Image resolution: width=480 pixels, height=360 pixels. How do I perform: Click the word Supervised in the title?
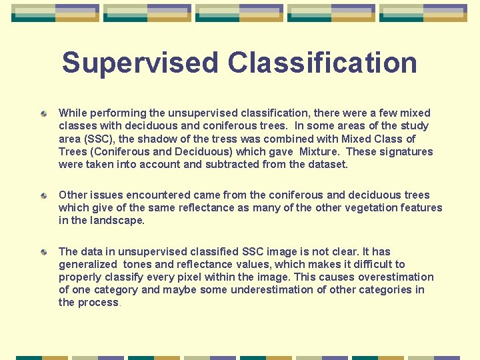pyautogui.click(x=140, y=63)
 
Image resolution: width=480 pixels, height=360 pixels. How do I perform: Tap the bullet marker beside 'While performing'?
pyautogui.click(x=43, y=115)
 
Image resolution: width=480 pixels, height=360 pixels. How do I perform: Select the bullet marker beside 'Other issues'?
pyautogui.click(x=43, y=197)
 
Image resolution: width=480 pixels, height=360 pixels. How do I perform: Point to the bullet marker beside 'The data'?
pyautogui.click(x=43, y=253)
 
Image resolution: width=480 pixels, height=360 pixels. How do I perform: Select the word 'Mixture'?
pyautogui.click(x=323, y=151)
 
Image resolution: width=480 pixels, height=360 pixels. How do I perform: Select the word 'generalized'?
pyautogui.click(x=89, y=265)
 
